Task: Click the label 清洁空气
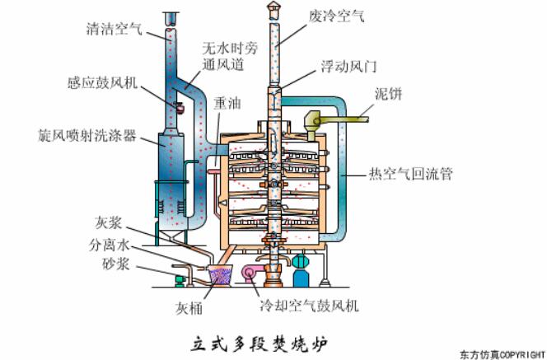(x=114, y=30)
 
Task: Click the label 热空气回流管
(x=409, y=174)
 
